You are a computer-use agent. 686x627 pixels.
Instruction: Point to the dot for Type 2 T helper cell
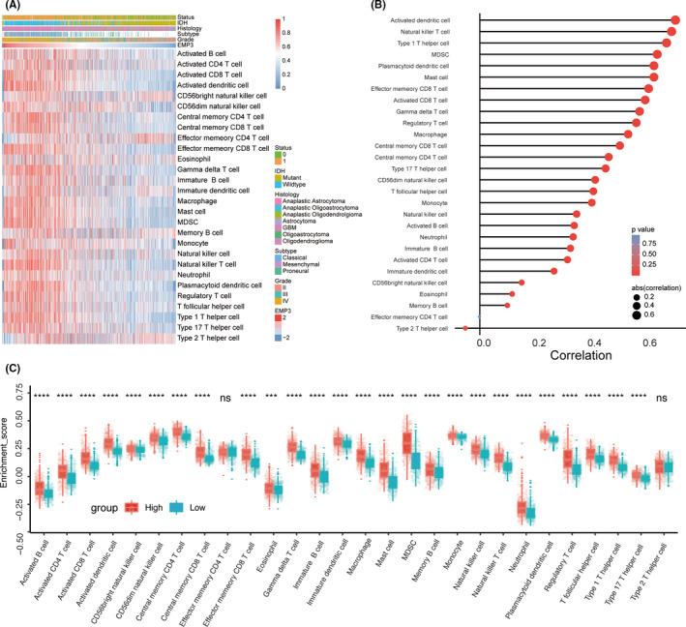click(465, 329)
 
